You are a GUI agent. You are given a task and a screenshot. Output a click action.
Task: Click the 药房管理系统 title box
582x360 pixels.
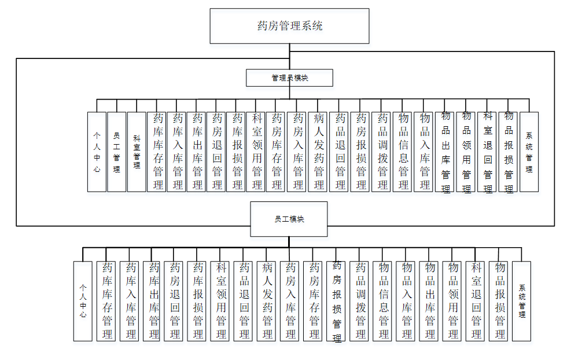289,26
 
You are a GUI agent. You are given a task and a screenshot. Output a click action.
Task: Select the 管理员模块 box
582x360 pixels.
289,78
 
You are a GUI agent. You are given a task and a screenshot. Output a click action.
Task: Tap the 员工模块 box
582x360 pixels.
289,219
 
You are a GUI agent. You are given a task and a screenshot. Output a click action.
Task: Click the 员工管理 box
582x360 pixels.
116,152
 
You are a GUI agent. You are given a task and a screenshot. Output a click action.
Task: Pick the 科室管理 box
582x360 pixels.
137,152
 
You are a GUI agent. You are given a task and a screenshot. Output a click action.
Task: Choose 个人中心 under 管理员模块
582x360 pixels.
97,152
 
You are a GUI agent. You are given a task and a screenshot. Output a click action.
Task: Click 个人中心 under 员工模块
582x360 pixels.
83,301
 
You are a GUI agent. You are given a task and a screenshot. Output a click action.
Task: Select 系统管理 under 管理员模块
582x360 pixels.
529,152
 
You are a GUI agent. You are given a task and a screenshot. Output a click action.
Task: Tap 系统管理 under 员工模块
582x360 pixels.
522,301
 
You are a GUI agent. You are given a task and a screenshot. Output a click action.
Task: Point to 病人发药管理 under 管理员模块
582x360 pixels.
318,152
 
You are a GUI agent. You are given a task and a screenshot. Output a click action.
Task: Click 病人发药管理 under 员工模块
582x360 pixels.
267,301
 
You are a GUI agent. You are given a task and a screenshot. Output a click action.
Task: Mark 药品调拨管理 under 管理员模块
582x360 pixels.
382,152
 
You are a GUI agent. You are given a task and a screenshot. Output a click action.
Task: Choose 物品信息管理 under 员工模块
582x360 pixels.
383,301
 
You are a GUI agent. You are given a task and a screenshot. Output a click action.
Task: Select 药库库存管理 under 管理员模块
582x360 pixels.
157,152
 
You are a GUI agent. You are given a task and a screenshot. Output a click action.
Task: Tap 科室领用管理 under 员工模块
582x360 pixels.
220,301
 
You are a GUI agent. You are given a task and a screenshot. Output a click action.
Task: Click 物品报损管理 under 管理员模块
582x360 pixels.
509,152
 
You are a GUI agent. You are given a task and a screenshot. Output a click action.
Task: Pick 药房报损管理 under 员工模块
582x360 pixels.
337,301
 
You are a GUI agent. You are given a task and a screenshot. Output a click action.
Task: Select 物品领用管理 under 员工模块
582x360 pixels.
452,301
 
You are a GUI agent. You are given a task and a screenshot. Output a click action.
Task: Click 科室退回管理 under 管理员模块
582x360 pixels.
488,152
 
